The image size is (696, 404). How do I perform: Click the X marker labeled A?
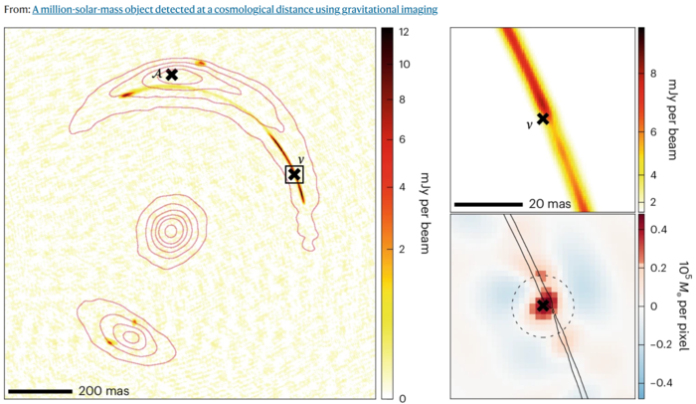(x=171, y=75)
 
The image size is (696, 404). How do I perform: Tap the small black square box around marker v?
(x=294, y=174)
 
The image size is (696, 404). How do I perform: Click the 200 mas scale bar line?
(x=40, y=390)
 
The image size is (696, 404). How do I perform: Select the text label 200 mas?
(x=103, y=390)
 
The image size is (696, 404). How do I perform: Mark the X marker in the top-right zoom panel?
(x=543, y=118)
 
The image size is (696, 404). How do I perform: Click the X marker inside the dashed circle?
(x=543, y=305)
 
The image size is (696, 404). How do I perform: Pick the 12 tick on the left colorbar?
(x=405, y=32)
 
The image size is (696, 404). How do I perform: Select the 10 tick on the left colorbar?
(x=405, y=64)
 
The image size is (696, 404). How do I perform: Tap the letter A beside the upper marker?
(x=157, y=74)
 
